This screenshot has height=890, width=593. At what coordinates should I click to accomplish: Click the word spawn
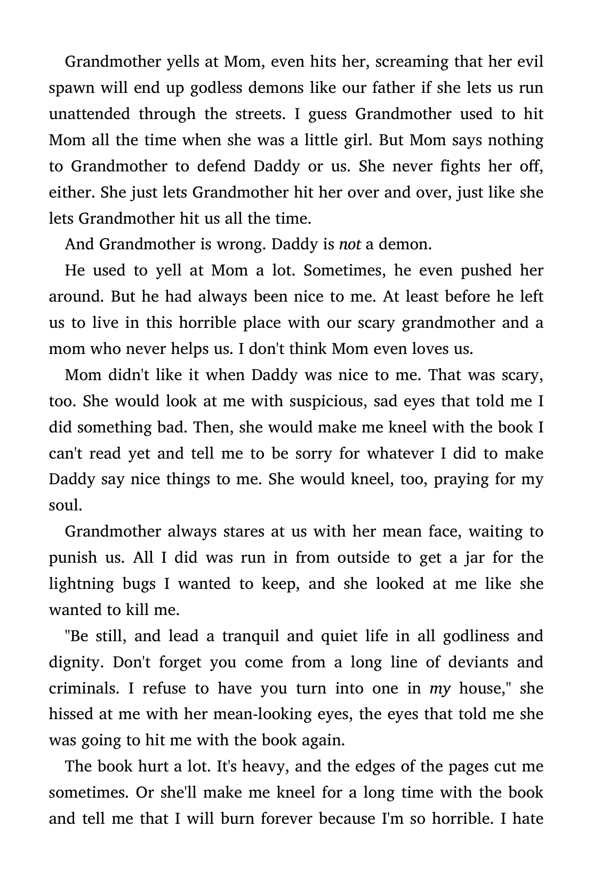coord(70,88)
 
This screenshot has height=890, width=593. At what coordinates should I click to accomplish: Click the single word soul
coord(65,505)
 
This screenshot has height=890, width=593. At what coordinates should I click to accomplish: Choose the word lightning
coord(81,584)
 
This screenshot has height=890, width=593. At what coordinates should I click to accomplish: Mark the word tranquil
coord(250,636)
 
